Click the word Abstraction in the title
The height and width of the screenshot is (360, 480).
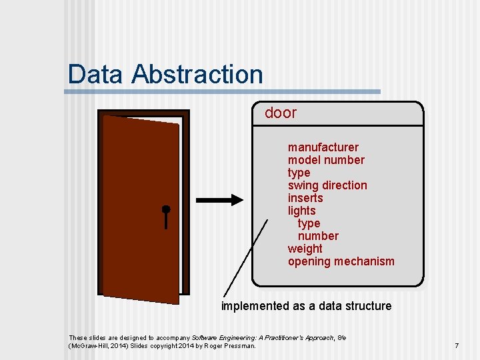click(197, 74)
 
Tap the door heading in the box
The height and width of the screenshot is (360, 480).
click(281, 113)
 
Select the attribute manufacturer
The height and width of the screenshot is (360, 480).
click(323, 147)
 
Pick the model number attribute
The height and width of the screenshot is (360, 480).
click(326, 160)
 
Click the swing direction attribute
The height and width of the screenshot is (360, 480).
click(327, 185)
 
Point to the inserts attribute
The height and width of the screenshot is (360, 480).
click(305, 198)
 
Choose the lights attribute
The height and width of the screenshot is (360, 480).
click(301, 211)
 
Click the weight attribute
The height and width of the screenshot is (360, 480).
click(305, 249)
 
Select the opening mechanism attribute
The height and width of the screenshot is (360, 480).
click(341, 261)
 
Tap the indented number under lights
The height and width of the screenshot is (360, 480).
click(318, 236)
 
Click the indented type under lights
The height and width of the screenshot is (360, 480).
click(309, 223)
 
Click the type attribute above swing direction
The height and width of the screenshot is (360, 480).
click(299, 173)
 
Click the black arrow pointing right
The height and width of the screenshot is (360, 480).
click(221, 200)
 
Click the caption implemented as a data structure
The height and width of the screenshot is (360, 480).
click(306, 306)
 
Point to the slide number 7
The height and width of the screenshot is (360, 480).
click(457, 345)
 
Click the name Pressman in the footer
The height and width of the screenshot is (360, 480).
click(241, 345)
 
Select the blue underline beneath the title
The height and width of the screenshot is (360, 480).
click(223, 91)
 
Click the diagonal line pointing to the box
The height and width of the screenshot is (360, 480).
click(245, 257)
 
